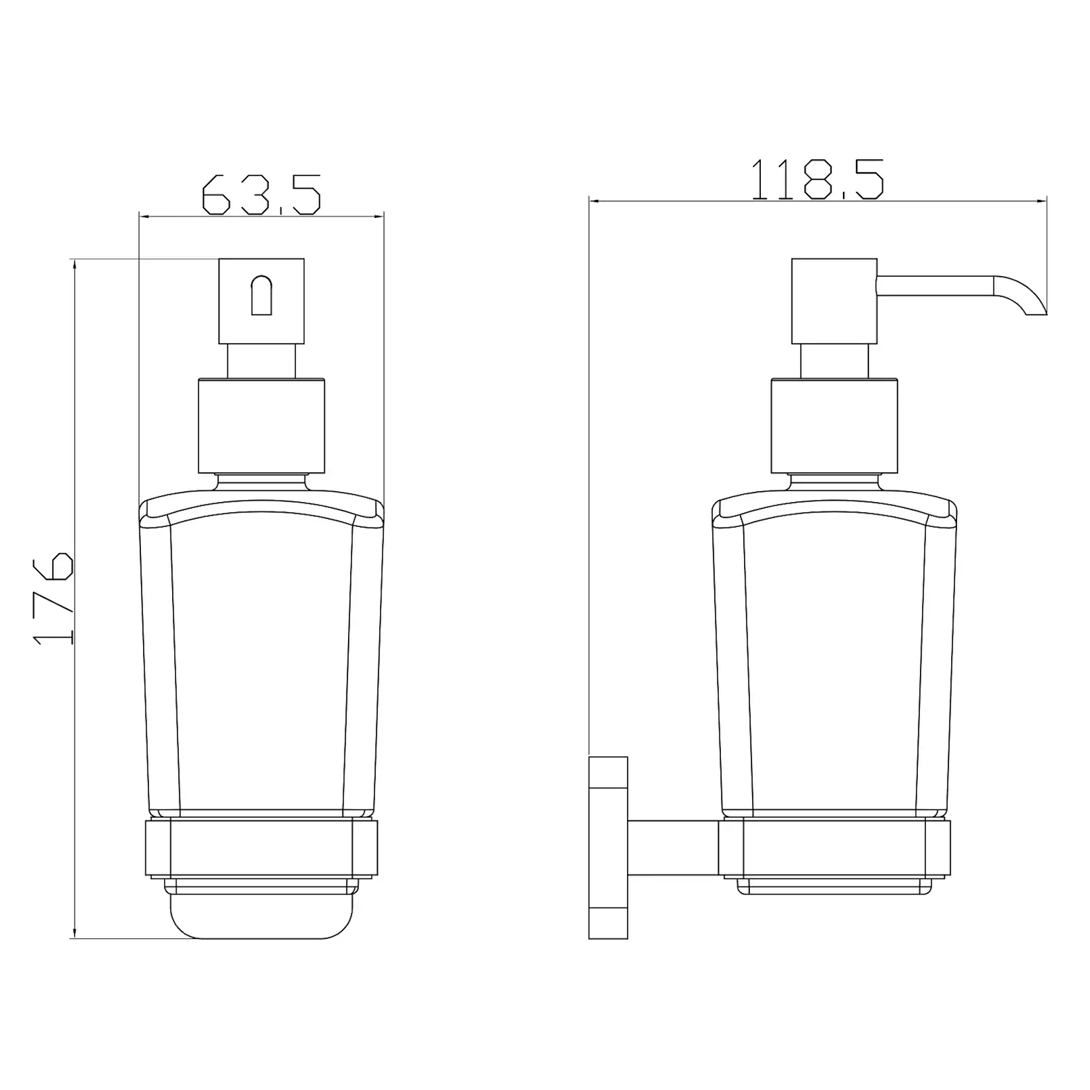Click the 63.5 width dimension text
[x=260, y=194]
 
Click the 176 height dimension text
[x=54, y=597]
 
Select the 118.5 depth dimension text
[x=817, y=179]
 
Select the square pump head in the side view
[x=834, y=300]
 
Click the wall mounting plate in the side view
[x=608, y=847]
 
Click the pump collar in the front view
[x=262, y=426]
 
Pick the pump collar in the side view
[x=834, y=426]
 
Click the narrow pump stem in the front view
[x=262, y=360]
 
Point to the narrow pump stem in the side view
[x=834, y=360]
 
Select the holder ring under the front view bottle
[x=262, y=847]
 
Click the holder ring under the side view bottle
[x=834, y=847]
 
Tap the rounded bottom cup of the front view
[x=262, y=914]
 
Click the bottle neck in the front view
[x=262, y=482]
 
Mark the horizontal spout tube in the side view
[x=934, y=286]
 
